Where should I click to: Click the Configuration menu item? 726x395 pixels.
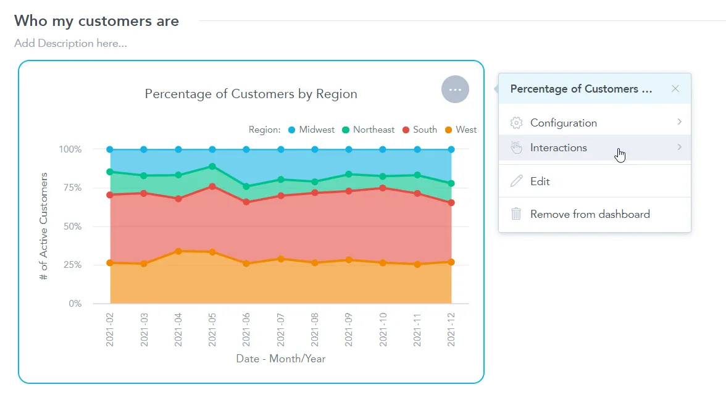563,123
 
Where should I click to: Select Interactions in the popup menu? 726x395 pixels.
558,148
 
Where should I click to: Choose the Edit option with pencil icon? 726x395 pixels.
540,181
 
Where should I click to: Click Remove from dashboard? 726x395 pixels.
590,214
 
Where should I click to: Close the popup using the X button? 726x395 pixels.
675,89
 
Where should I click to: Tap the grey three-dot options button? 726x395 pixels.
455,89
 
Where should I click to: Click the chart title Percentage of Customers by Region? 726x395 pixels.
251,94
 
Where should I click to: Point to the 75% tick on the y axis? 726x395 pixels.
70,188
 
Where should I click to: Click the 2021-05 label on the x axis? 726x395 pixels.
212,330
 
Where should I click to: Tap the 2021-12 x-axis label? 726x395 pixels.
451,330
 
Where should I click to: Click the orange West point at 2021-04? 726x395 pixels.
178,251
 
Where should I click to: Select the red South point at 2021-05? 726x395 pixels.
212,186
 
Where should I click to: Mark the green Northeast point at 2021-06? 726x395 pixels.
246,186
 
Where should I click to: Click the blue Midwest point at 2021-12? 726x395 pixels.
451,149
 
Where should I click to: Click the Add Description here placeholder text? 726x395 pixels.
70,43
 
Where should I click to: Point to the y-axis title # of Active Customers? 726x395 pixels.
44,227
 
